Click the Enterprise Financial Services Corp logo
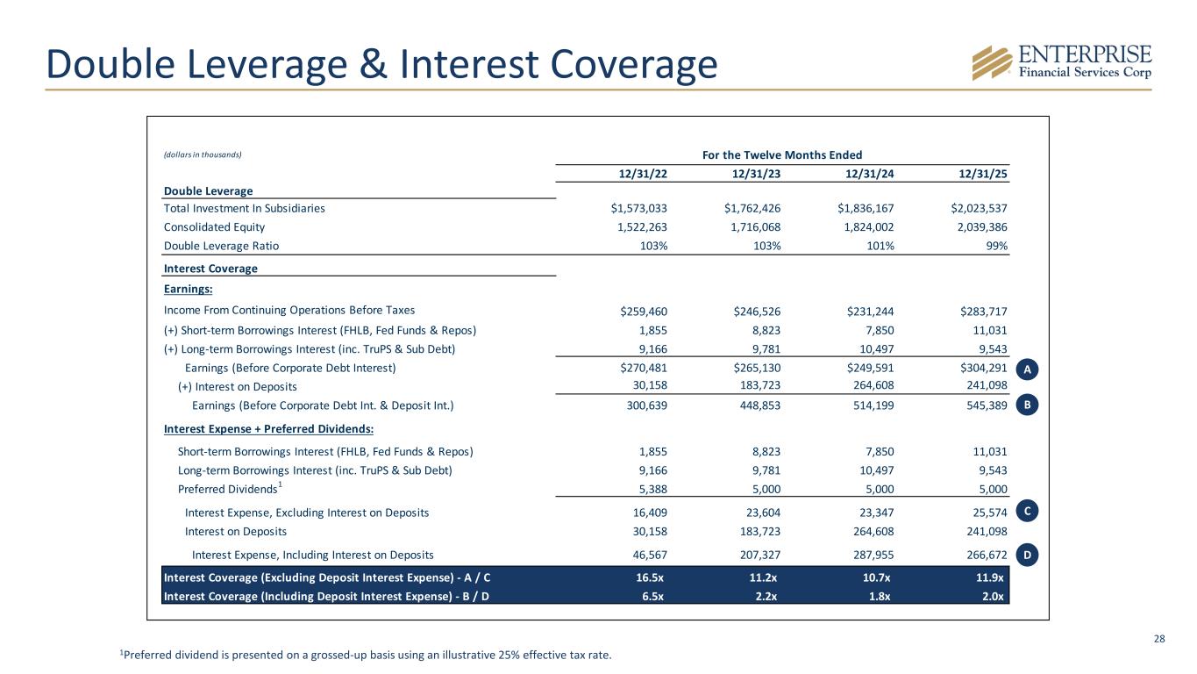1061,62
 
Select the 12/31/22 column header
643,174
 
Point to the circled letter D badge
1030,555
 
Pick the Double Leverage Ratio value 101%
879,247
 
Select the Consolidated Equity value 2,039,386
972,227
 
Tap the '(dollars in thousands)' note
202,155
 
